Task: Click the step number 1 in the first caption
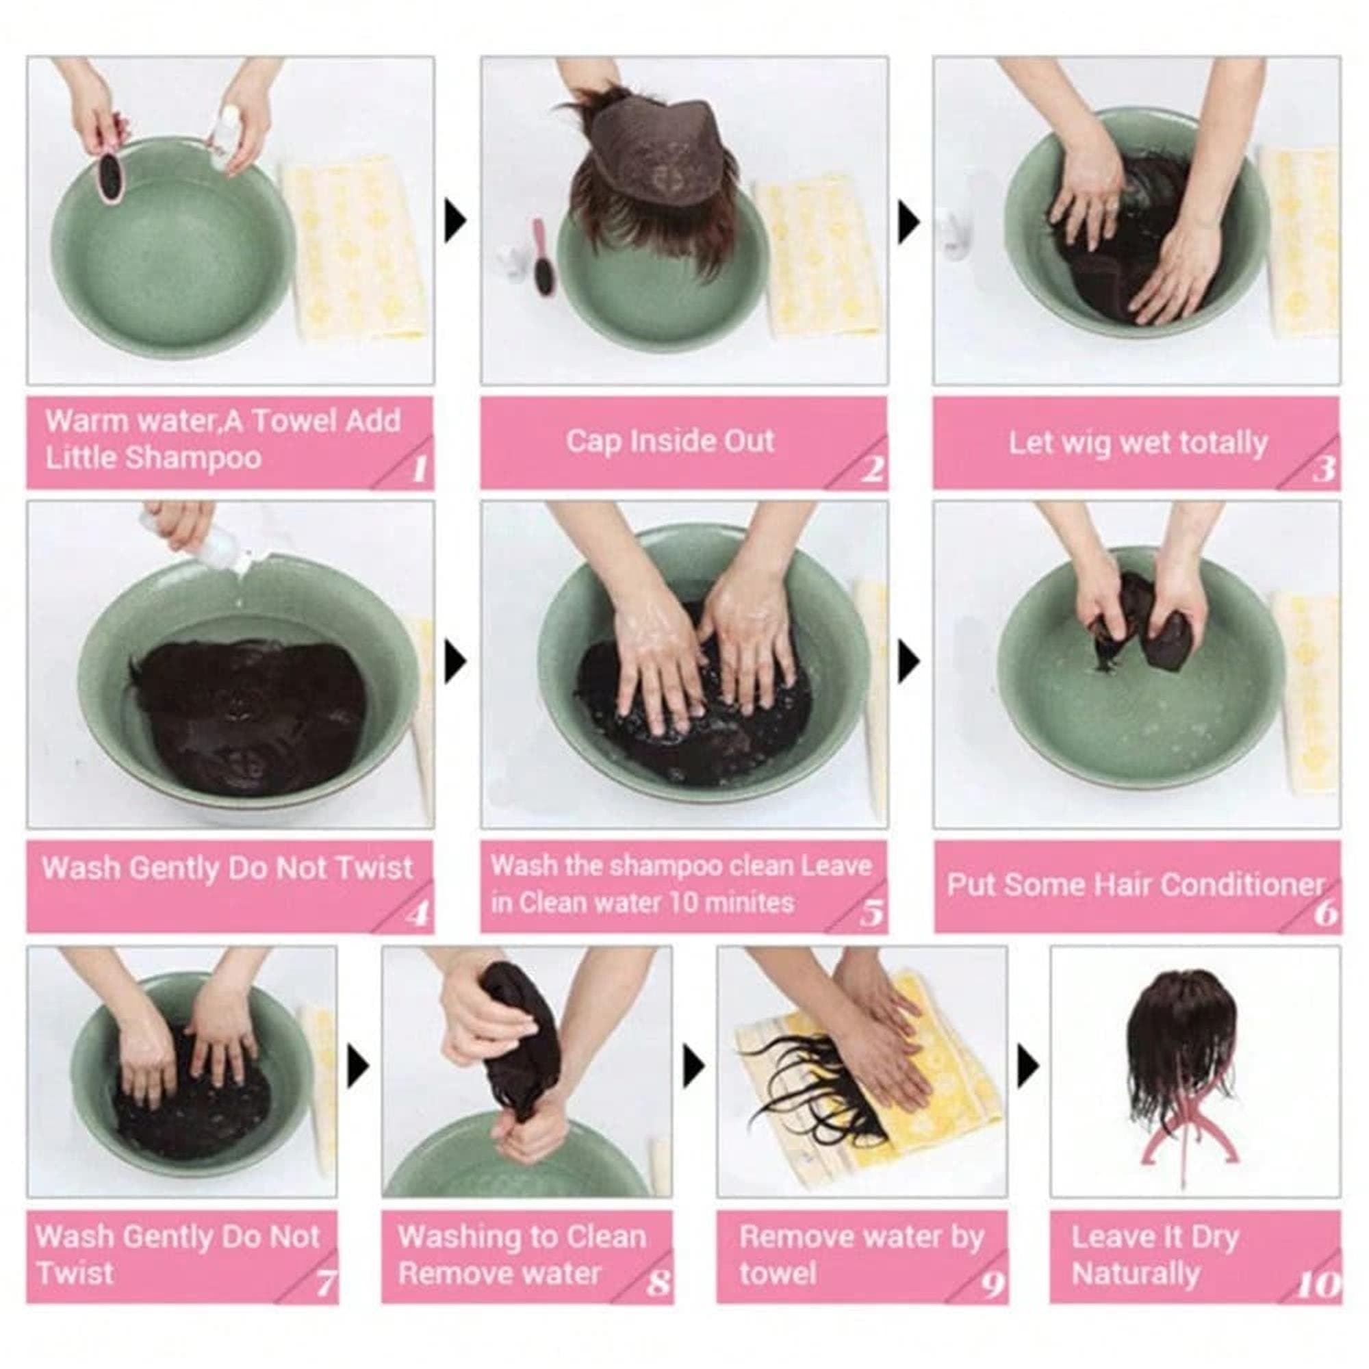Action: [x=420, y=470]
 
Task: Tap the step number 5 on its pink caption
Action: [x=871, y=914]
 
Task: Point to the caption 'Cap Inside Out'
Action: [x=669, y=441]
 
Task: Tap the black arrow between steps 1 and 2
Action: [x=456, y=220]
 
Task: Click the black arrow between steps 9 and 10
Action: [x=1028, y=1067]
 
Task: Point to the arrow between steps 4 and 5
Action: [x=456, y=664]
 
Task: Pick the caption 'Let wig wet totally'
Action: [x=1138, y=443]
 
